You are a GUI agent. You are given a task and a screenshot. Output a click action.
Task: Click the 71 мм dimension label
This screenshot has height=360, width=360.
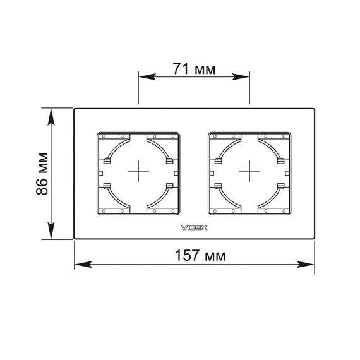194,69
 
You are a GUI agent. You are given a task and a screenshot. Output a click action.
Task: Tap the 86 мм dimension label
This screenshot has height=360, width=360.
42,174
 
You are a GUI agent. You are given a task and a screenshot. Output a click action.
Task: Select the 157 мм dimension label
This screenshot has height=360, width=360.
200,255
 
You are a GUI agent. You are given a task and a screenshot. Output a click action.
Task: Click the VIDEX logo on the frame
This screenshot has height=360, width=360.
195,228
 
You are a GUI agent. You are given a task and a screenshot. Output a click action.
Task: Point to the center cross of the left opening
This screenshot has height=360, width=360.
138,171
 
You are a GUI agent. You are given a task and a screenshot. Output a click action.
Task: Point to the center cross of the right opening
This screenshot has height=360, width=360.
249,171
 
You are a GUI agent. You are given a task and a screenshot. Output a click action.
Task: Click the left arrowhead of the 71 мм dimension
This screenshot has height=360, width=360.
147,76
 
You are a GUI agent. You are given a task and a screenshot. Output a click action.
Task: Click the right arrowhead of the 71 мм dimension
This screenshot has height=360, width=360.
241,76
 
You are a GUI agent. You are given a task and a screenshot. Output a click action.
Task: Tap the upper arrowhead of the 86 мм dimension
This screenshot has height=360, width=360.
51,117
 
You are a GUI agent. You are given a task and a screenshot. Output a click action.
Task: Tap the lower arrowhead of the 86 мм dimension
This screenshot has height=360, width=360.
51,231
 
